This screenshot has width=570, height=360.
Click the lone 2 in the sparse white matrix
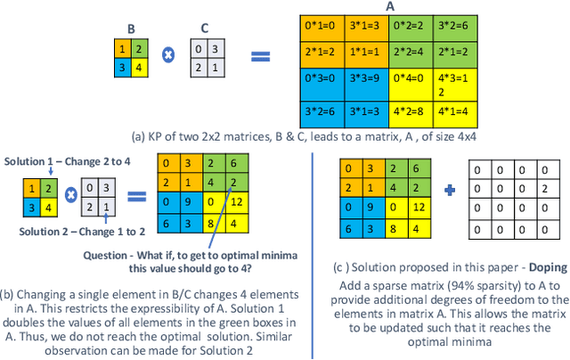540,188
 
